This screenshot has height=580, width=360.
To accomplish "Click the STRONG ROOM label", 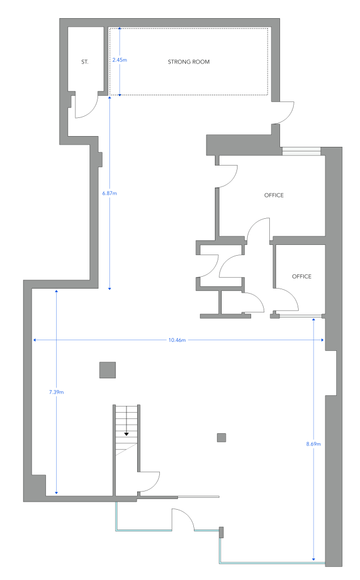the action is click(189, 62).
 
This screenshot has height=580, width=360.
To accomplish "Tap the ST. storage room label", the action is click(84, 62).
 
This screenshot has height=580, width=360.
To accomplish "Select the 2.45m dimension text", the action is click(120, 60).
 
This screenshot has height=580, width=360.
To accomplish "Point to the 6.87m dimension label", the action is click(109, 193).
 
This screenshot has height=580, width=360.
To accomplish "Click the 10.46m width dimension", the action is click(177, 340).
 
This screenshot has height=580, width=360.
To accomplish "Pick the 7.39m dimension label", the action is click(56, 392).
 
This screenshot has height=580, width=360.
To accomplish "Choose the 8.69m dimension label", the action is click(314, 444).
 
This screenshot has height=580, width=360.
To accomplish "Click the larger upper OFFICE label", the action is click(274, 195).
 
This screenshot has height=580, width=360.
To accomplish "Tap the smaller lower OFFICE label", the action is click(302, 276).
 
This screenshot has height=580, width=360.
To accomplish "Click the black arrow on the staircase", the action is click(126, 434).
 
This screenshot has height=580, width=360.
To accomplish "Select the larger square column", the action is click(108, 370).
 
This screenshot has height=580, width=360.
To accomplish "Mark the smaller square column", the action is click(221, 438).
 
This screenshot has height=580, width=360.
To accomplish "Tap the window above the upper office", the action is click(302, 151).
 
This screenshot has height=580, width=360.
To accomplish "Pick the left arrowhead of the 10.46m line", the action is click(35, 340).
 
